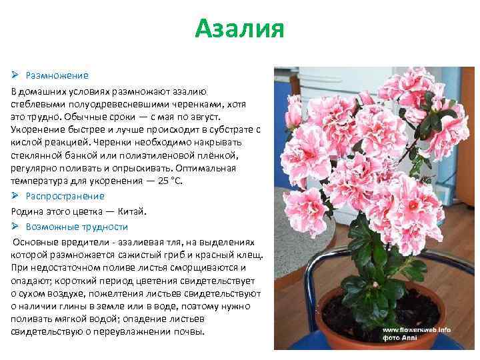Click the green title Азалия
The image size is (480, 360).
coord(240,29)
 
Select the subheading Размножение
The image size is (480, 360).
coord(57,75)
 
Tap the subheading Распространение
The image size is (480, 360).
coord(65,195)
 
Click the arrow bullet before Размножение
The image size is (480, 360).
coord(16,75)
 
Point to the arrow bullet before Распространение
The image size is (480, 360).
coord(16,195)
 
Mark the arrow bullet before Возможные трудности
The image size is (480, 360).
coord(16,226)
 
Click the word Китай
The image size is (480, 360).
coord(131,211)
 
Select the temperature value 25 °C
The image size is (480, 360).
coord(166,181)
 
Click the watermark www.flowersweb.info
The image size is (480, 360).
coord(417,329)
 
